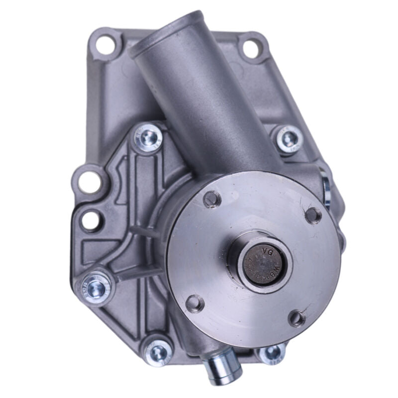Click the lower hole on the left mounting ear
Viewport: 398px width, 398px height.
pyautogui.click(x=89, y=218)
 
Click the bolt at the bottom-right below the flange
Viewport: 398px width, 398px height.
pyautogui.click(x=272, y=353)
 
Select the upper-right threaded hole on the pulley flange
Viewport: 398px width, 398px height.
pyautogui.click(x=312, y=215)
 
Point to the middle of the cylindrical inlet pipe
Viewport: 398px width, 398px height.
pyautogui.click(x=199, y=99)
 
